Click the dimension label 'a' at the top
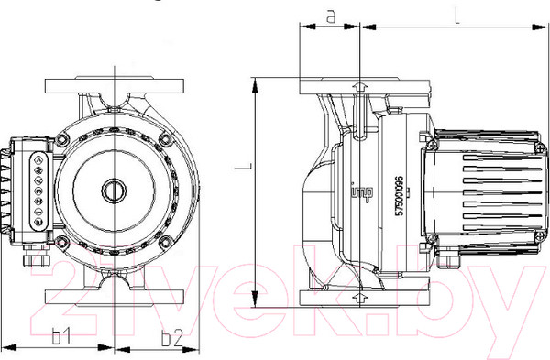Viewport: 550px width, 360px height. tap(330, 15)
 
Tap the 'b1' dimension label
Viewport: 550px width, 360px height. tap(61, 337)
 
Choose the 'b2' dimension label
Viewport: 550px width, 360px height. tap(170, 337)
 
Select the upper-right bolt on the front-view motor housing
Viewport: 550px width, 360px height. tap(165, 140)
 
